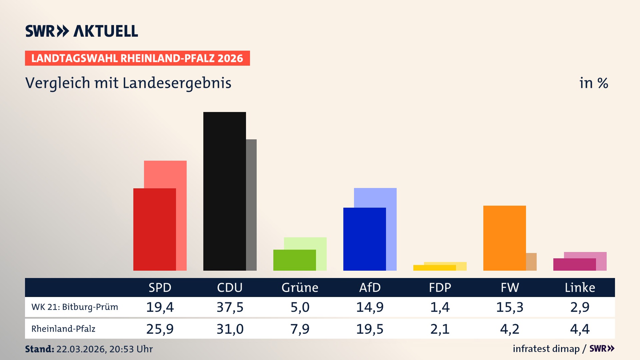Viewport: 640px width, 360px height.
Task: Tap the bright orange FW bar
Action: coord(504,238)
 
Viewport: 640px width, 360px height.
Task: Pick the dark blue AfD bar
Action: coord(364,239)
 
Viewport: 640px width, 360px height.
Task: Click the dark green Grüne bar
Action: coord(294,260)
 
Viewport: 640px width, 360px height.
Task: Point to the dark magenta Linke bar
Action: coord(574,264)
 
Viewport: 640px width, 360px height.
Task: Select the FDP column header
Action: coord(440,287)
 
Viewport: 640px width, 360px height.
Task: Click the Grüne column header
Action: coord(300,287)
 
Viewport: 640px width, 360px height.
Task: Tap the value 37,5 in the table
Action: coord(230,307)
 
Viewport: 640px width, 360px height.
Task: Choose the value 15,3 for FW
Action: coord(510,307)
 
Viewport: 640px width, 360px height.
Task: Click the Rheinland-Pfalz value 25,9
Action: coord(160,329)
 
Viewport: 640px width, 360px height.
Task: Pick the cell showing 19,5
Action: coord(370,329)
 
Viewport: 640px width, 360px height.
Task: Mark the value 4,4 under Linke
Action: coord(580,329)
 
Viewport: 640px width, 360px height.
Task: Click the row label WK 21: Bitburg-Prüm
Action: coord(75,307)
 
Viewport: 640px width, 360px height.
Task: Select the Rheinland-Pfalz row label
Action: coord(63,329)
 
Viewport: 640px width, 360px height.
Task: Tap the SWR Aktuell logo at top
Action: coord(82,31)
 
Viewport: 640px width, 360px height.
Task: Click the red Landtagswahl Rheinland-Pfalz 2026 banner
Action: coord(137,58)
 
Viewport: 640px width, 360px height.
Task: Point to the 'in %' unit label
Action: coord(593,83)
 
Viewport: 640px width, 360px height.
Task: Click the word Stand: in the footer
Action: coord(39,349)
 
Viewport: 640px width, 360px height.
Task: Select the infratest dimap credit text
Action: coord(546,349)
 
